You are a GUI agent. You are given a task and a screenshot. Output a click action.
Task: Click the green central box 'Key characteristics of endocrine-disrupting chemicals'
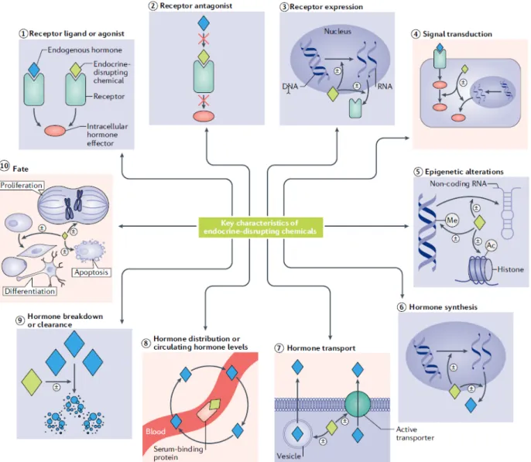tap(260, 227)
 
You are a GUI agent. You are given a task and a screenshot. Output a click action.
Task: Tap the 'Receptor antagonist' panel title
tap(196, 5)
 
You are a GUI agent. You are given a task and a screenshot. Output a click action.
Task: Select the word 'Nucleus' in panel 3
tap(337, 31)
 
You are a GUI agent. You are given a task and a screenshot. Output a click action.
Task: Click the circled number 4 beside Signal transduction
tap(416, 34)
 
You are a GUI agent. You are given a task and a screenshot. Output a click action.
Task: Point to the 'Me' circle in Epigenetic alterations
tap(452, 221)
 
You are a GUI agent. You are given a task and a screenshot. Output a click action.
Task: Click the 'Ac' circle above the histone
tap(491, 245)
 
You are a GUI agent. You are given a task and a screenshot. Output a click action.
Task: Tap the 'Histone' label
tap(511, 269)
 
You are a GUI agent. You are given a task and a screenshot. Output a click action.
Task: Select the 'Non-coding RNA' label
tap(458, 183)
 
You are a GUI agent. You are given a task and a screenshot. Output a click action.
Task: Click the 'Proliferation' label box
tap(22, 186)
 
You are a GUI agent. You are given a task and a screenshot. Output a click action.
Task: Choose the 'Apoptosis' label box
tap(91, 272)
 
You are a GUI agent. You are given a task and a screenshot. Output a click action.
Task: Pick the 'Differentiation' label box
tap(29, 291)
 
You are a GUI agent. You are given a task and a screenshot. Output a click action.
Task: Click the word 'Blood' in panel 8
tap(156, 432)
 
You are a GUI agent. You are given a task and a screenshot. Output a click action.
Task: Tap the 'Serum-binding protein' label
tap(178, 453)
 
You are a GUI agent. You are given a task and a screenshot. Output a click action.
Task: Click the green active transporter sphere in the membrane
tap(358, 404)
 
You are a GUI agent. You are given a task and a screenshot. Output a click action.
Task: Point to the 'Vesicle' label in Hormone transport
tap(289, 456)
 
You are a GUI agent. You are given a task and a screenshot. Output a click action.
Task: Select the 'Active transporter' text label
tap(415, 433)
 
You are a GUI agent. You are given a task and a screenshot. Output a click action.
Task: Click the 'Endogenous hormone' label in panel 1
tap(84, 50)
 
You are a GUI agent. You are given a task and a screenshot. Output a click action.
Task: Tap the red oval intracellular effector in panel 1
tap(55, 131)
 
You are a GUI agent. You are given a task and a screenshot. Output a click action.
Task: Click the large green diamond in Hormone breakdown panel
tap(32, 382)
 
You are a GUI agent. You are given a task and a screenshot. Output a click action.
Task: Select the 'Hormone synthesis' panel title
tap(443, 307)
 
